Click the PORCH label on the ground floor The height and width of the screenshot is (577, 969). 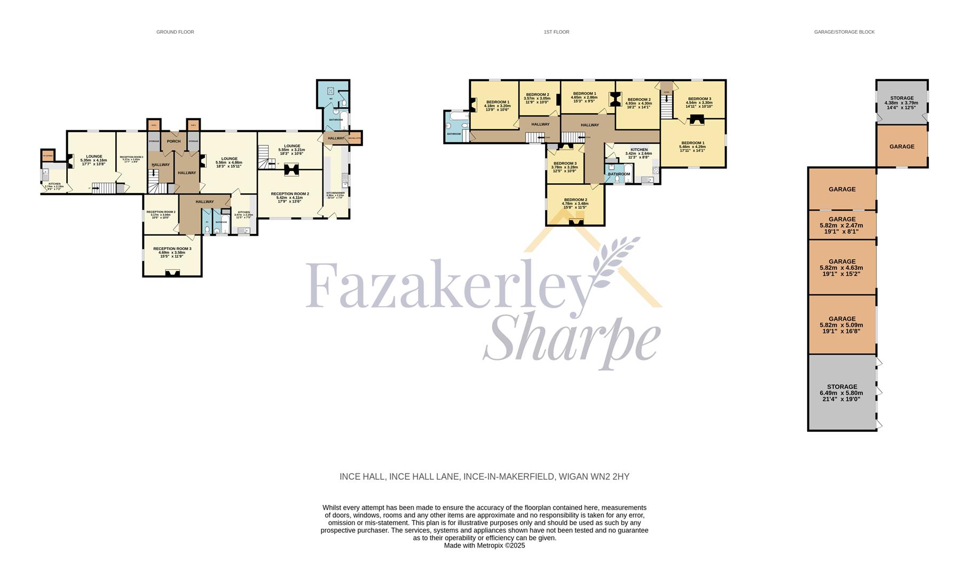click(174, 141)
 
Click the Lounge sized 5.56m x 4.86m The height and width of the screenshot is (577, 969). click(229, 162)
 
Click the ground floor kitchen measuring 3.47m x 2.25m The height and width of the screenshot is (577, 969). click(243, 214)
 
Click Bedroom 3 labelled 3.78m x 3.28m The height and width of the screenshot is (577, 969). click(565, 167)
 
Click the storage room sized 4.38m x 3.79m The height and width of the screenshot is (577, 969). click(902, 103)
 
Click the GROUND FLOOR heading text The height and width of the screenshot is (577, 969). click(175, 32)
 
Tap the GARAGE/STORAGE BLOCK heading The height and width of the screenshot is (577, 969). click(844, 32)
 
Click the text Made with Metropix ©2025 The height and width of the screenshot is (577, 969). click(484, 545)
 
